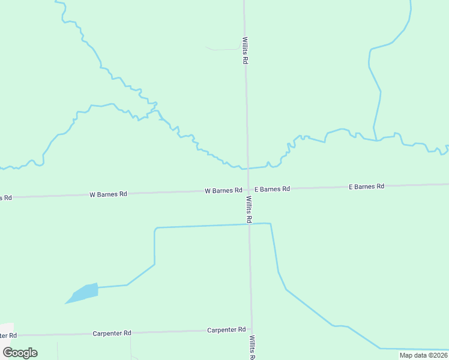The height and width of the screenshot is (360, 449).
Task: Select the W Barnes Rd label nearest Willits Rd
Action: click(223, 191)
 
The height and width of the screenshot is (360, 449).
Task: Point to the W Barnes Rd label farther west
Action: click(108, 194)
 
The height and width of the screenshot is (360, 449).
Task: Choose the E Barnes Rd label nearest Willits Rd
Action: click(272, 189)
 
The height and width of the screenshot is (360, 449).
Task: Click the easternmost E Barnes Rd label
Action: click(366, 187)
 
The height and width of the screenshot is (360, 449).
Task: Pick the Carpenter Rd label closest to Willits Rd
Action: click(226, 330)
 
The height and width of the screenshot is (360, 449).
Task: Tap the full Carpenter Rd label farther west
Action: click(112, 333)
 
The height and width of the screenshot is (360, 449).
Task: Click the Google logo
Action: click(20, 353)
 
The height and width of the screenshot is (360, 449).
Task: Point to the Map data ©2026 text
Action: click(423, 355)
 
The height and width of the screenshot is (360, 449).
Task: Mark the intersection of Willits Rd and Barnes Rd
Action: click(248, 190)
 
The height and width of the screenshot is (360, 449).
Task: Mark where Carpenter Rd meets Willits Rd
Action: click(252, 329)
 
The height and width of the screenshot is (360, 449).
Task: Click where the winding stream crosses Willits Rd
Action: click(247, 169)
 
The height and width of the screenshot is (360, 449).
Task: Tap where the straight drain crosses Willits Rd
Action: click(249, 224)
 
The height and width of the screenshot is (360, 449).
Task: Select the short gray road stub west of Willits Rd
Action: click(222, 49)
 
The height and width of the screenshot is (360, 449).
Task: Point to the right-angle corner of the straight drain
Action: click(155, 229)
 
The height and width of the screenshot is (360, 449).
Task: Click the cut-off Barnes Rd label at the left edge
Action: click(5, 197)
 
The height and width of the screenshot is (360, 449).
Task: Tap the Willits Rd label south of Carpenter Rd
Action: click(253, 348)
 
